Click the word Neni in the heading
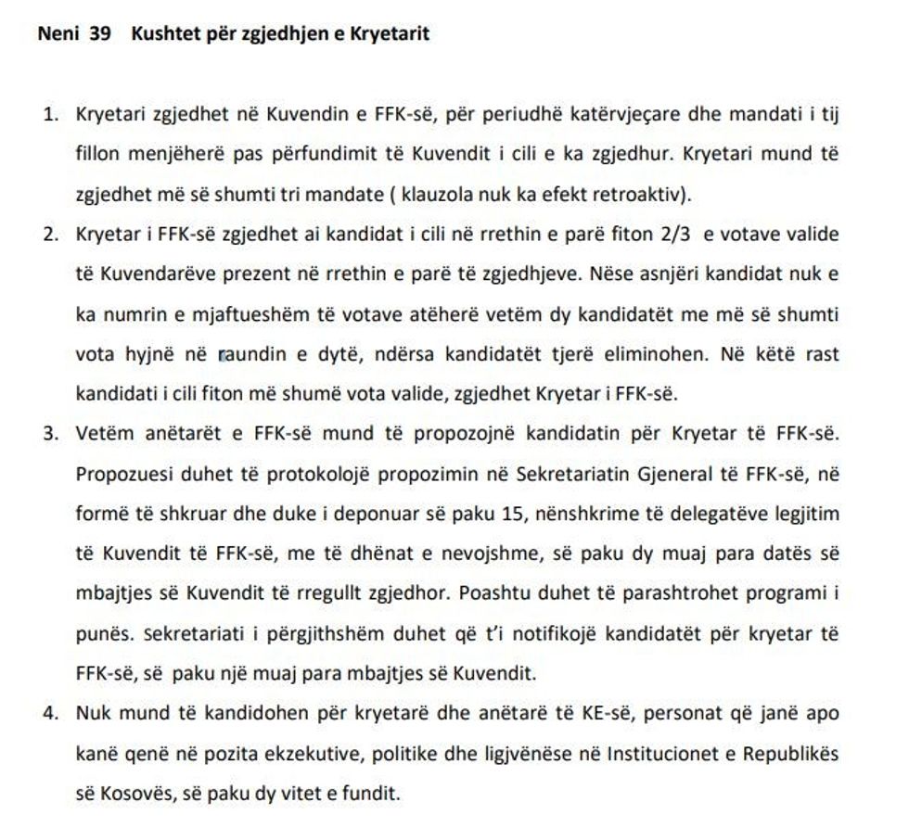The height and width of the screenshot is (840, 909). [58, 36]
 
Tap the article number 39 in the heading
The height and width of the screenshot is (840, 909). [100, 36]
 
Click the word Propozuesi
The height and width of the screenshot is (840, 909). [120, 474]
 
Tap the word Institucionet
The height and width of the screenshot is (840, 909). [665, 754]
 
